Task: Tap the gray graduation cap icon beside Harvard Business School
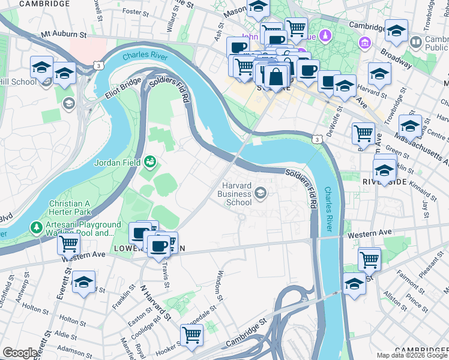coord(261,193)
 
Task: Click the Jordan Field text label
coord(117,162)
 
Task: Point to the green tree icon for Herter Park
coord(37,227)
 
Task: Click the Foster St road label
coord(135,11)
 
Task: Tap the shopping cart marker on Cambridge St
coord(191,335)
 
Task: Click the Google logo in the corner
coord(19,353)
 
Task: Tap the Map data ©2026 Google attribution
coord(411,355)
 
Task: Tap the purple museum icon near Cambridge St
coord(364,43)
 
